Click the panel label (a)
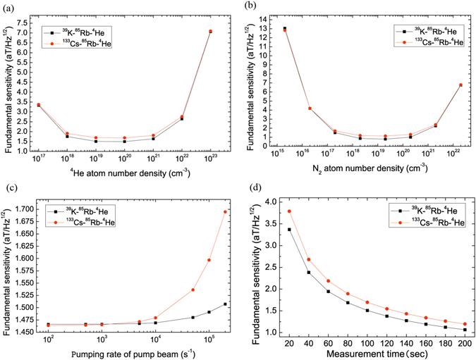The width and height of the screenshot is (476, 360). pyautogui.click(x=6, y=6)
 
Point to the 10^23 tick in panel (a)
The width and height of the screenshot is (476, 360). pyautogui.click(x=210, y=160)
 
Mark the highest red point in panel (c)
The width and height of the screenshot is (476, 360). pyautogui.click(x=225, y=211)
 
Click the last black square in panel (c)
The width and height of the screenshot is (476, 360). pyautogui.click(x=225, y=304)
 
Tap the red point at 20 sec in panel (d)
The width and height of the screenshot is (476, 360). pyautogui.click(x=269, y=211)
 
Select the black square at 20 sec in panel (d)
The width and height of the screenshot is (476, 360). pyautogui.click(x=269, y=230)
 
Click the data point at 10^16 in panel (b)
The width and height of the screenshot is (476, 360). pyautogui.click(x=310, y=108)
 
